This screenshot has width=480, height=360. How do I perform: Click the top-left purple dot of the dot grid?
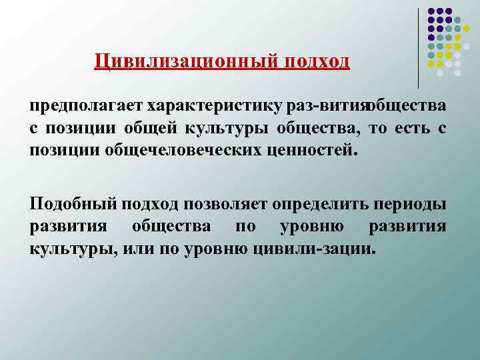tap(431, 11)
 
